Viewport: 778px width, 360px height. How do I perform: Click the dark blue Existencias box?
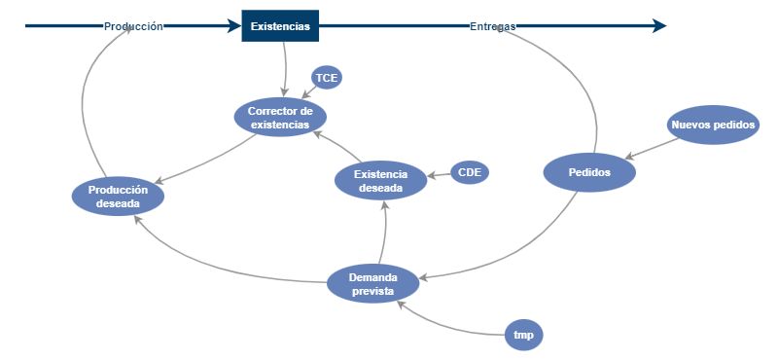(280, 26)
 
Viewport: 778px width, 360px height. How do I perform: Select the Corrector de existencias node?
(280, 118)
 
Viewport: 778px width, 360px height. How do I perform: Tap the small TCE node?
(327, 78)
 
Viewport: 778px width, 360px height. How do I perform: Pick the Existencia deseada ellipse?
(380, 181)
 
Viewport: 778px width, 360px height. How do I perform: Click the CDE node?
(470, 173)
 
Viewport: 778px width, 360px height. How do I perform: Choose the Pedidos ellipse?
(589, 172)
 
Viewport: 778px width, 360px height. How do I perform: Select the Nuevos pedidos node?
(714, 125)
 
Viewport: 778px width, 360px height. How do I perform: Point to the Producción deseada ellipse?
(118, 197)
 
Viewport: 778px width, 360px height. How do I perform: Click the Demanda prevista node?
(371, 284)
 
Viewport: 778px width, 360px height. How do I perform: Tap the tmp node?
(523, 335)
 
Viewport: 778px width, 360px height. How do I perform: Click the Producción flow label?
(133, 26)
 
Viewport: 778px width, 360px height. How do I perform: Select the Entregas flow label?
(492, 26)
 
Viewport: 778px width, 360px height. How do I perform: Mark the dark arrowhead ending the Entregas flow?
(659, 26)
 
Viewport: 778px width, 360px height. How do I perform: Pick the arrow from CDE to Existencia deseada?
(439, 175)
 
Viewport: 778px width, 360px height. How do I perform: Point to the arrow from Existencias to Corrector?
(285, 68)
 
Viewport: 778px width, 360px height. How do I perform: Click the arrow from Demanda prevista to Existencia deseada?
(386, 234)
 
